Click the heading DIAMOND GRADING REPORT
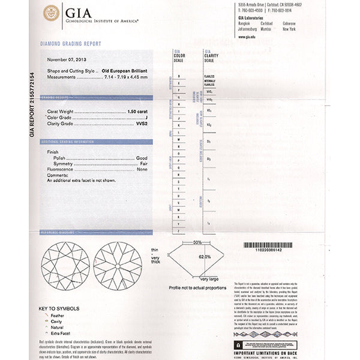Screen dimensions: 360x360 coord(70,44)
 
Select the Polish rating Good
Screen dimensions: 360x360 coord(142,157)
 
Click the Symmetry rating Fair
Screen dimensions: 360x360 coord(143,163)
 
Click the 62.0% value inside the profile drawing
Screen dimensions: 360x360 coord(205,256)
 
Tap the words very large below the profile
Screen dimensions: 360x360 coord(209,280)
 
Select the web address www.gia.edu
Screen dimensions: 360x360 coord(247,37)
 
